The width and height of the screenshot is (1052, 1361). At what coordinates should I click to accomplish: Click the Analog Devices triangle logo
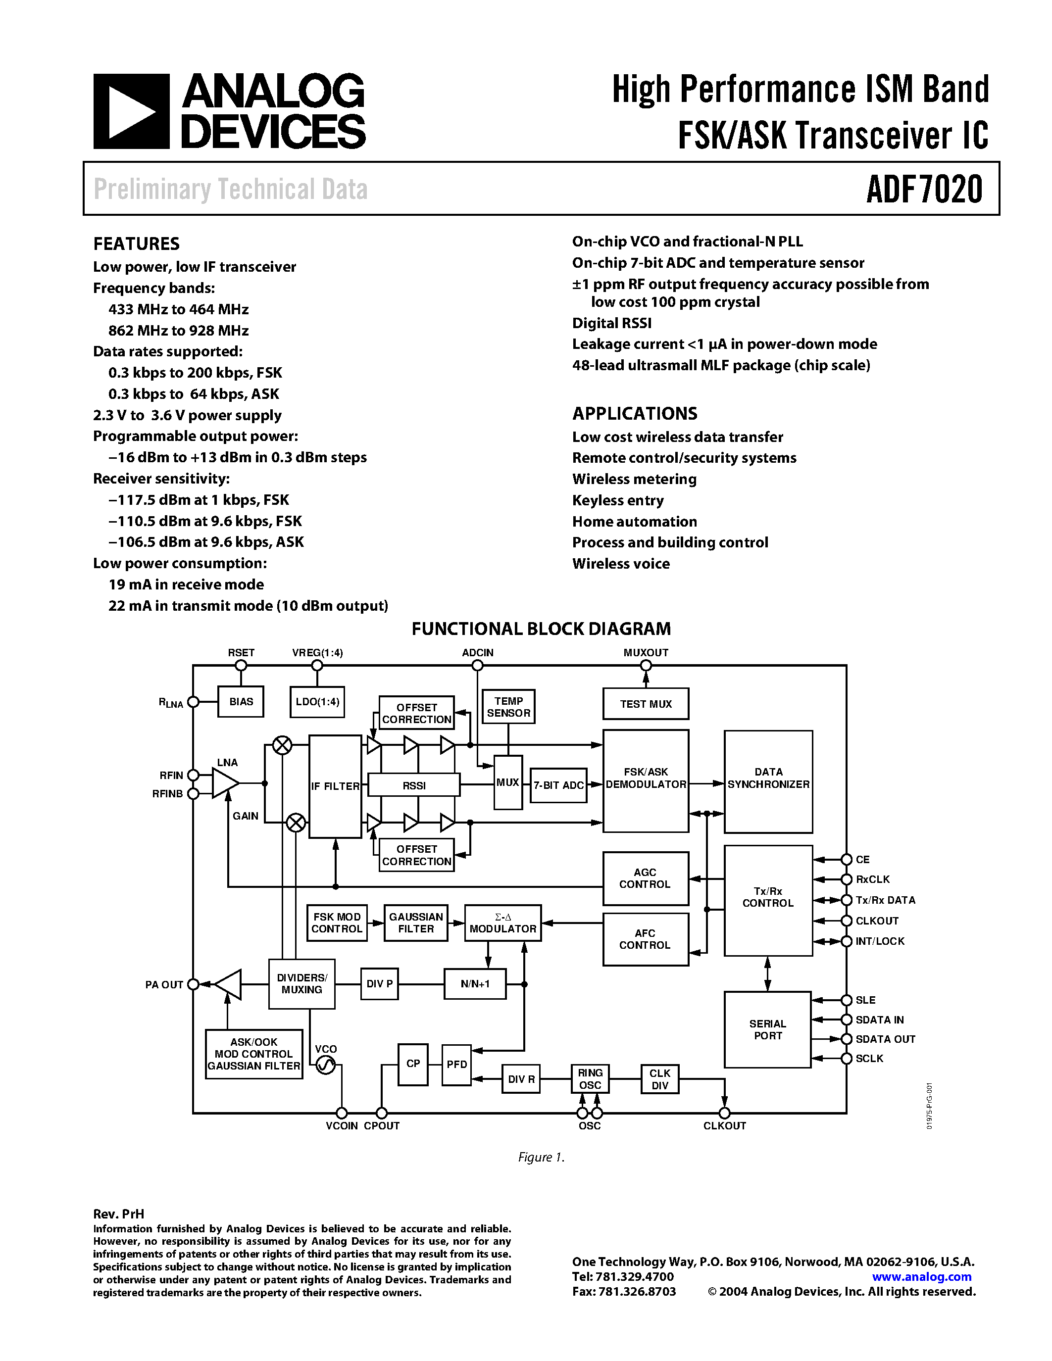pyautogui.click(x=131, y=111)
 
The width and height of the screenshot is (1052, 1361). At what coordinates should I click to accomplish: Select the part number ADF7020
pyautogui.click(x=924, y=190)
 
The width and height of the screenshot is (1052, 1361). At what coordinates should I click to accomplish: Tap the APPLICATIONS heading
pyautogui.click(x=635, y=414)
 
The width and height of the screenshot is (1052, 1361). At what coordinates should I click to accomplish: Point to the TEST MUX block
pyautogui.click(x=646, y=704)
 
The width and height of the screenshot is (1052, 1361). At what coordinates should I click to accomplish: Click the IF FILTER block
pyautogui.click(x=335, y=786)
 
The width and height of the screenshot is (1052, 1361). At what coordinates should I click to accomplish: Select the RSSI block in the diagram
pyautogui.click(x=414, y=786)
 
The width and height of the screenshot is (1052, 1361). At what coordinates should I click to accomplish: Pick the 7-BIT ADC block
pyautogui.click(x=558, y=785)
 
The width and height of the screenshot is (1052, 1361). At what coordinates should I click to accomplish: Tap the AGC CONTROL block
pyautogui.click(x=646, y=878)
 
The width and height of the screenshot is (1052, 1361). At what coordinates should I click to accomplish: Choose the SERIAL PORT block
pyautogui.click(x=768, y=1029)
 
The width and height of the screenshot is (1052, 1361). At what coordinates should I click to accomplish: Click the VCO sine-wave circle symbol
pyautogui.click(x=325, y=1066)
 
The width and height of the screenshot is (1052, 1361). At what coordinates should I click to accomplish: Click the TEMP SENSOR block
pyautogui.click(x=508, y=707)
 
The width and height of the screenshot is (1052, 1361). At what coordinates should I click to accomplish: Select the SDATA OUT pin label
pyautogui.click(x=885, y=1039)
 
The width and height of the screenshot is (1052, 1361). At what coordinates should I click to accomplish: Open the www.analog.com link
pyautogui.click(x=922, y=1276)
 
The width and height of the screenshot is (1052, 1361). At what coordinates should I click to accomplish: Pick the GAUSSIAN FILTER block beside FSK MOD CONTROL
pyautogui.click(x=416, y=923)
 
